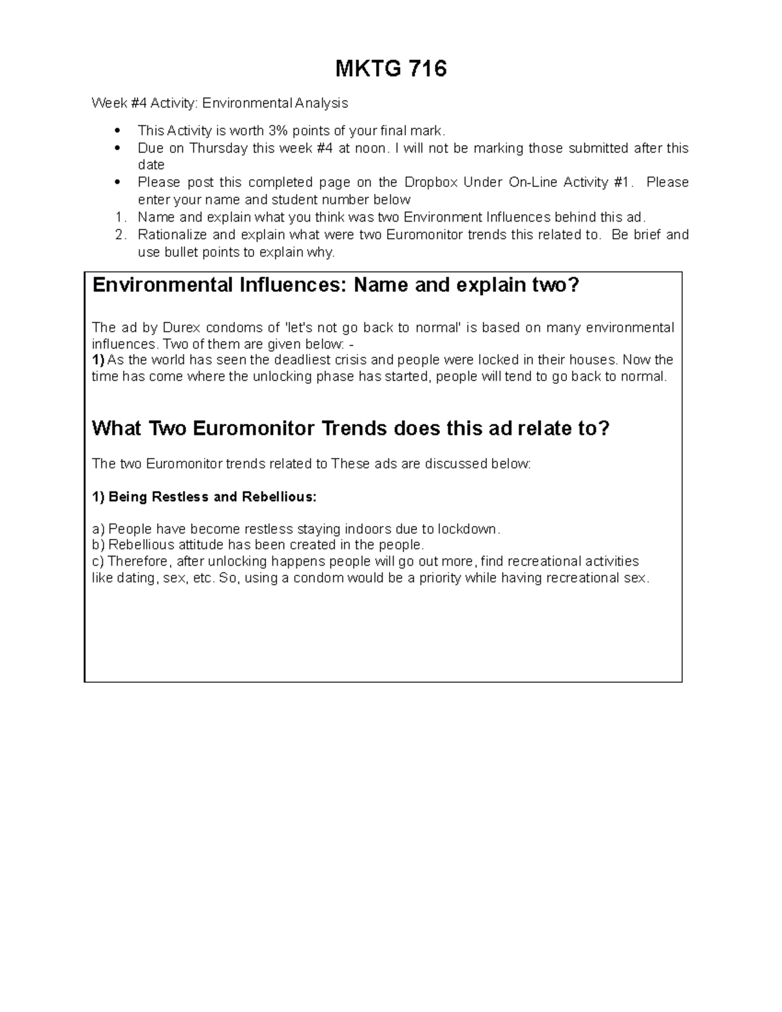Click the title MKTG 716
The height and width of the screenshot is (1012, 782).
(x=391, y=68)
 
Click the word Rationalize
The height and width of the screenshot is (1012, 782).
(x=171, y=235)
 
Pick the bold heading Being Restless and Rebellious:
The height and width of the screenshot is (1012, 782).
(x=204, y=497)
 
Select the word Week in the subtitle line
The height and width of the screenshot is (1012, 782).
(x=105, y=103)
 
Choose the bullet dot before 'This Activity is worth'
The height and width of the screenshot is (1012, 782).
(x=118, y=130)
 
